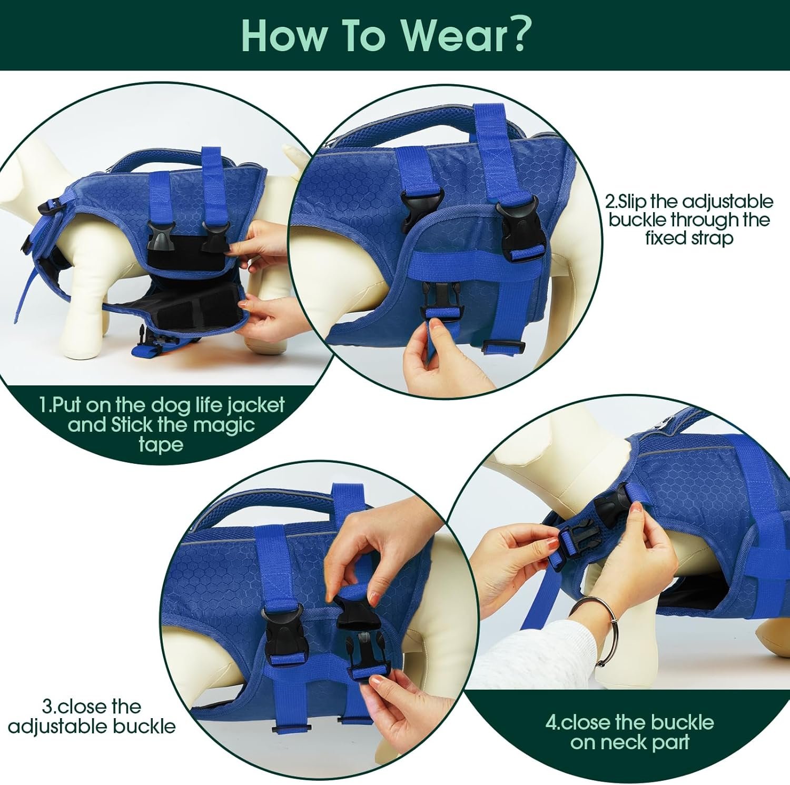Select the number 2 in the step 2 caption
(x=610, y=202)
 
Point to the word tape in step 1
(x=161, y=445)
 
